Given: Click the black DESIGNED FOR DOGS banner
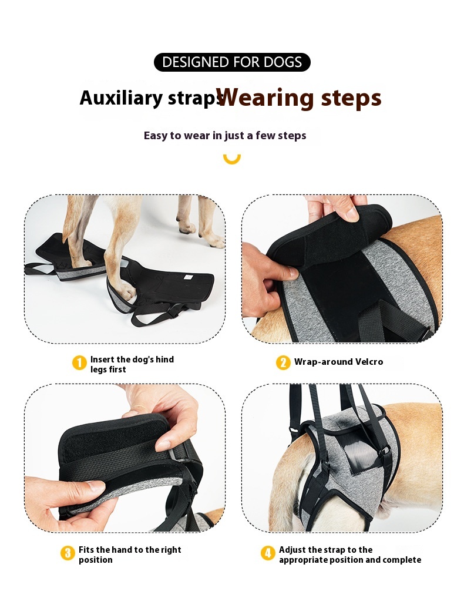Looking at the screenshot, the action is click(x=232, y=62).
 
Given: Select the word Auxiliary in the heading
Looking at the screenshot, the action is click(x=121, y=98).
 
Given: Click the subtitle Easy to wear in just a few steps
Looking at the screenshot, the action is click(x=225, y=135).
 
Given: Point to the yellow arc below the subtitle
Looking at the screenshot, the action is click(x=232, y=160).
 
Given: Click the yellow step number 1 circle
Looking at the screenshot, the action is click(x=79, y=363).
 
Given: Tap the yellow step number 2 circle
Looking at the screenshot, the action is click(x=283, y=362).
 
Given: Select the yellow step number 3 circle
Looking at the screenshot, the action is click(x=68, y=553).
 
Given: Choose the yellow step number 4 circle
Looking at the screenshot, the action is click(x=267, y=553).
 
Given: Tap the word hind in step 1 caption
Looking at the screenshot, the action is click(x=164, y=360).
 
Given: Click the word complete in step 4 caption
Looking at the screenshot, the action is click(x=402, y=560).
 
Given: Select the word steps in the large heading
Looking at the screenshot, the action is click(x=351, y=99).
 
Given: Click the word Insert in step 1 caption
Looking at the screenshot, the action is click(x=102, y=360).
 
